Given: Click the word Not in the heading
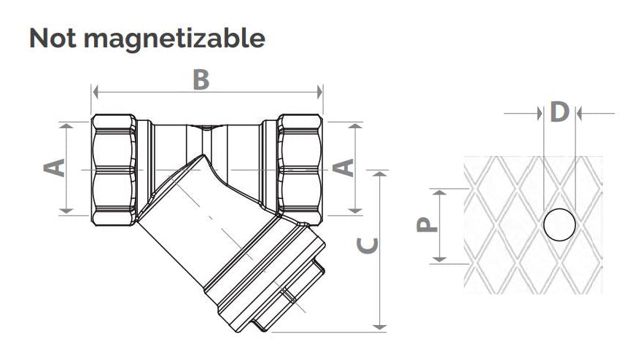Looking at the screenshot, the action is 53,39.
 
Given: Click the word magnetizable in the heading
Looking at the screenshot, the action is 174,39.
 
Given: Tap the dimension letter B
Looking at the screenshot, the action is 201,79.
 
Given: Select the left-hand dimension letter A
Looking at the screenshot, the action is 55,168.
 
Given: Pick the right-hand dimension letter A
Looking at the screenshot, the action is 343,168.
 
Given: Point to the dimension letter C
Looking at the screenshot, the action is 368,244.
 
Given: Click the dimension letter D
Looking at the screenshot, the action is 559,111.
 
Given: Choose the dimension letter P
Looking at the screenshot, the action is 427,224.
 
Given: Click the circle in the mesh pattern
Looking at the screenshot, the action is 559,224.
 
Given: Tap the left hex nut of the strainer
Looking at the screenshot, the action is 114,170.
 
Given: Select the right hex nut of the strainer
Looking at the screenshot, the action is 300,170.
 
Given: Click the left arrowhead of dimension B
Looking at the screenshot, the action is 96,93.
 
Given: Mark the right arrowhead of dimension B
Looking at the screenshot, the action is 320,93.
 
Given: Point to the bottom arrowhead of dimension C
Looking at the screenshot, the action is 380,327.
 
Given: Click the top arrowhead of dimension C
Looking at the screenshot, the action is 380,174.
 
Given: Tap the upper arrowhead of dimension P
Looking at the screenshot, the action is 440,193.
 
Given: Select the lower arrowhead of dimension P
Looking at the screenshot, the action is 440,259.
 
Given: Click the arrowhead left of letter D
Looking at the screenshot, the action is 540,114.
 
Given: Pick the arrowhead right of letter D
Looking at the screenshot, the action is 579,114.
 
